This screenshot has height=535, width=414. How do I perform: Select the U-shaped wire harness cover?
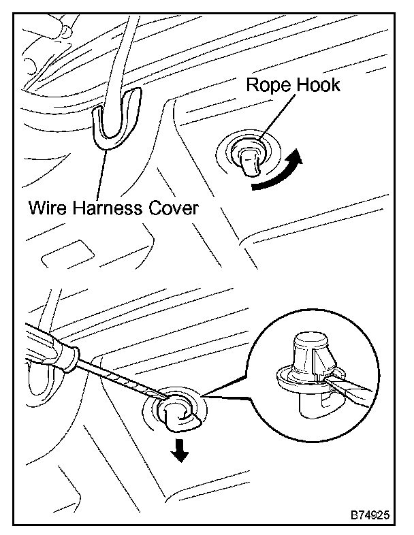[x=112, y=123]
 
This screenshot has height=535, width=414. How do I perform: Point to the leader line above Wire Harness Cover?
[x=102, y=170]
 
